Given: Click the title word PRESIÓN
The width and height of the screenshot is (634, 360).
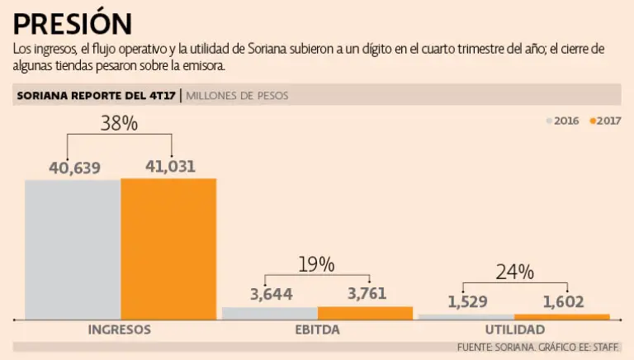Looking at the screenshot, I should pos(73,22).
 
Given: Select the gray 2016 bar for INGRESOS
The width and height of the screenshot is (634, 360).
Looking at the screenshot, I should pos(73,249).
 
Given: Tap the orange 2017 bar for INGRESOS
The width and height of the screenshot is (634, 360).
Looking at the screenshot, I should pos(168,249).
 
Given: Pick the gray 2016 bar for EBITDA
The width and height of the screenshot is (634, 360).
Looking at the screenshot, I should pos(270,313).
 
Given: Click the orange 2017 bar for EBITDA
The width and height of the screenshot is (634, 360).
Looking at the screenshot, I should pos(365,313).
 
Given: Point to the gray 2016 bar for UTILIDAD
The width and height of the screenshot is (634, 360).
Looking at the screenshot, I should pos(466,316).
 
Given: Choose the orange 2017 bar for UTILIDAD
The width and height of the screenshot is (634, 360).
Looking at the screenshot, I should pos(561,316).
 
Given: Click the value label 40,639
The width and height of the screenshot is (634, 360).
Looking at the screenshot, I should pos(74,168).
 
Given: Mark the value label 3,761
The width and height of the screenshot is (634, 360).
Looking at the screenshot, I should pos(367,295).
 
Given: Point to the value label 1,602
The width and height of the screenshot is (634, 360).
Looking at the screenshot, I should pos(563,302).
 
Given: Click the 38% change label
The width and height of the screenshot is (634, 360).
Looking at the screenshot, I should pos(119,124).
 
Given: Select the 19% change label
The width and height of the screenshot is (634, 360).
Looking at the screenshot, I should pos(316,264).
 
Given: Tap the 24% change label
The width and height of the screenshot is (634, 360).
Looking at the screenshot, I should pos(514,272).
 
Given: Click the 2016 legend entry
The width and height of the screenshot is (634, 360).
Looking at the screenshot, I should pos(562,121).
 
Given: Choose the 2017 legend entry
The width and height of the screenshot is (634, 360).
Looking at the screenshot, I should pos(605,121).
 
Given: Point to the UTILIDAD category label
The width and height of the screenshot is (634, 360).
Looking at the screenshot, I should pos(514,329).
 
